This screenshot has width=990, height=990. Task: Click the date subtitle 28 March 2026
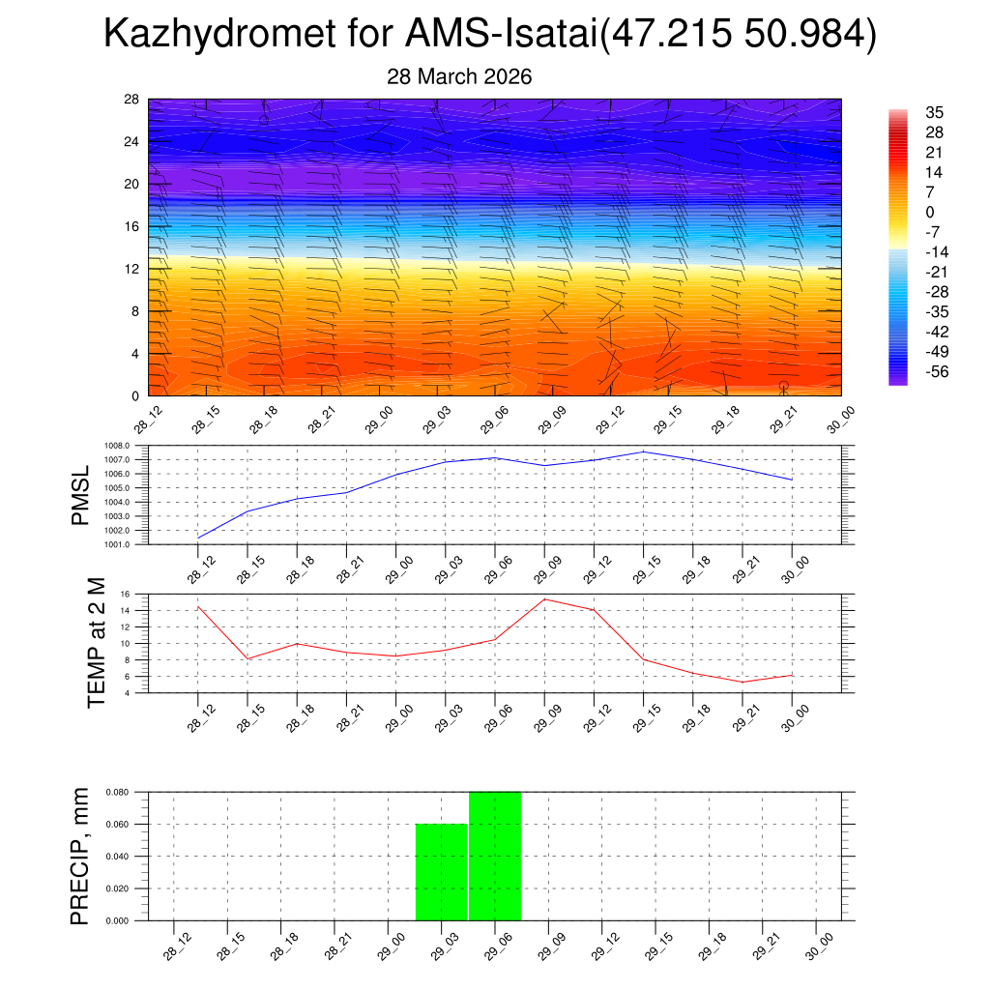[x=459, y=76]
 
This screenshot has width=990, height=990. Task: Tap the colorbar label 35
[x=934, y=112]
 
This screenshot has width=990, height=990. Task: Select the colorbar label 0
[x=929, y=212]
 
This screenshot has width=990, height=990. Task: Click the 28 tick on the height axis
[x=132, y=100]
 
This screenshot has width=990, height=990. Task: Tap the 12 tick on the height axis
[x=132, y=269]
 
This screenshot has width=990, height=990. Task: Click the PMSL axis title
[x=80, y=494]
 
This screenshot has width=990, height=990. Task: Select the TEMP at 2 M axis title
[x=97, y=641]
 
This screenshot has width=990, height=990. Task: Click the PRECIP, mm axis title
[x=80, y=856]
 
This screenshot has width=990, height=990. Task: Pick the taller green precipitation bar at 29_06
[x=495, y=856]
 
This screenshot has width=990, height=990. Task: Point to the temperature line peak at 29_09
[x=545, y=599]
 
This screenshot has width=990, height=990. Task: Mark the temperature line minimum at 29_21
[x=742, y=682]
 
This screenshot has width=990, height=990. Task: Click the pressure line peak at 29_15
[x=644, y=451]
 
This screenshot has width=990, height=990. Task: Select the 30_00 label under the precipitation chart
[x=820, y=947]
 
